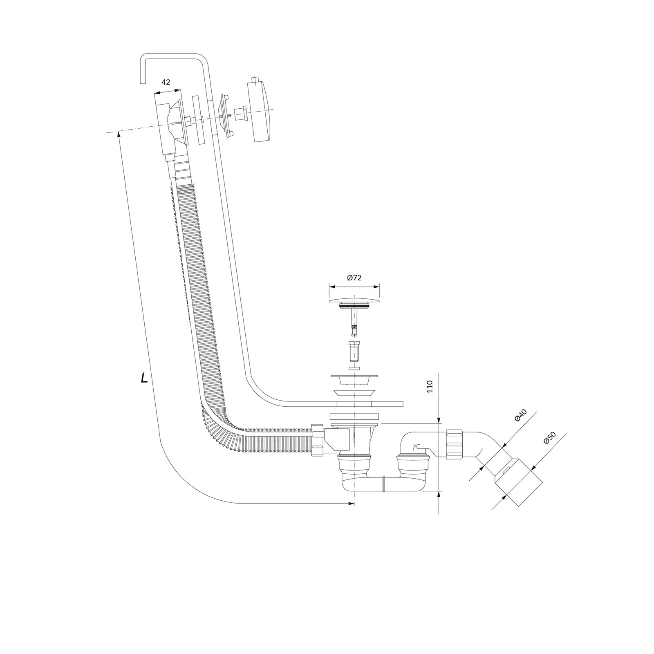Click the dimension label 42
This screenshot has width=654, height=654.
(166, 82)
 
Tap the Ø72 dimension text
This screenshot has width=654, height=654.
(354, 278)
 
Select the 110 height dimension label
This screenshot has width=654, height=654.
(430, 386)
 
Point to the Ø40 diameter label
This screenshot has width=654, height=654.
(520, 415)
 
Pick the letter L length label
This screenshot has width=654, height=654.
(144, 379)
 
